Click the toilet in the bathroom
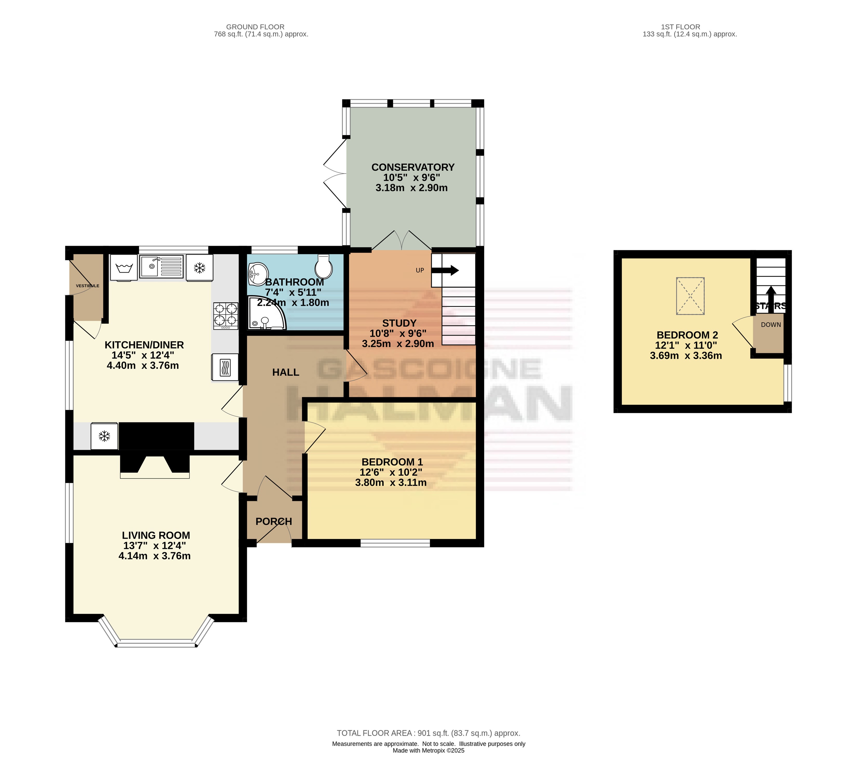[324, 266]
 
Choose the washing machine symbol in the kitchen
[124, 268]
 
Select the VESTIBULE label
[88, 286]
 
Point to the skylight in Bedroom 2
[690, 296]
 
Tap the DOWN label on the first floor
[771, 325]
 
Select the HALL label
[286, 372]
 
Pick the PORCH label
[274, 521]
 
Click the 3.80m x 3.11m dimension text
[391, 483]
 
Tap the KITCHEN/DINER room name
[144, 345]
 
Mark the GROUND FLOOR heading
[255, 27]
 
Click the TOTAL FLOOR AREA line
[428, 733]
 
